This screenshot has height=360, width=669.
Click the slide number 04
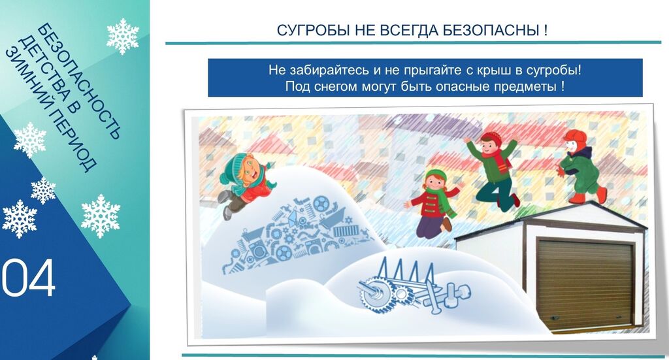(x=29, y=278)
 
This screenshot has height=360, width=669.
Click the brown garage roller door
(x=585, y=283)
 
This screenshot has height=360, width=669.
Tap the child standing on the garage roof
(x=581, y=167)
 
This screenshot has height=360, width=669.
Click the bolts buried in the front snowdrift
(x=448, y=297)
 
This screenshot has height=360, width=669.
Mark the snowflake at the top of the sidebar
(x=123, y=37)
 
